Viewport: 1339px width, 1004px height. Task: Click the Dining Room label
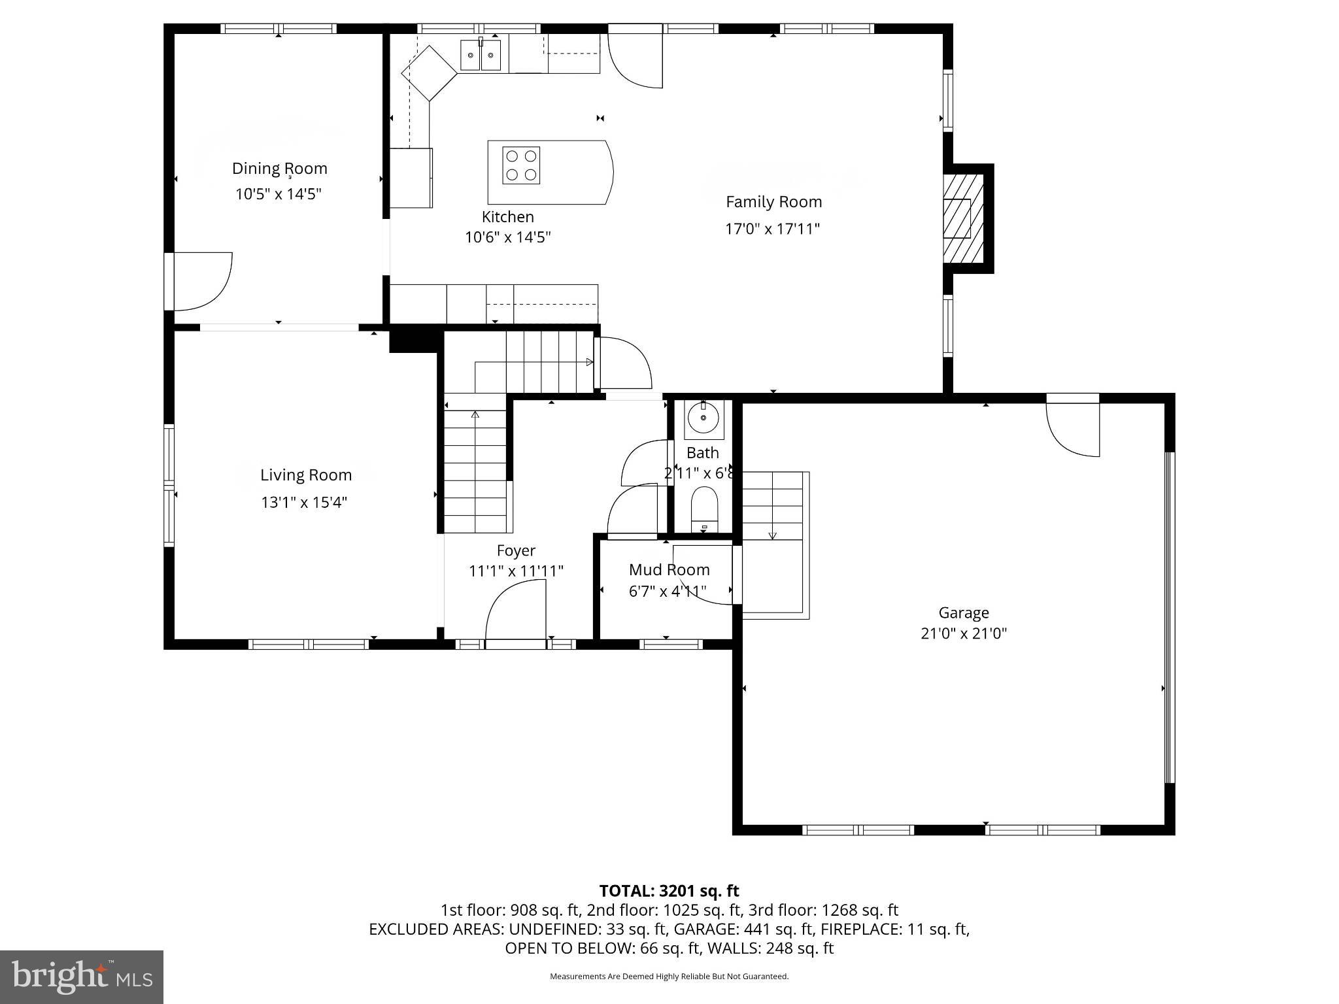tap(279, 169)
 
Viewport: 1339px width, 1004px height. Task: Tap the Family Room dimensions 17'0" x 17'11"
tap(772, 229)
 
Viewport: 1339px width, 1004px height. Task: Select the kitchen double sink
tap(481, 55)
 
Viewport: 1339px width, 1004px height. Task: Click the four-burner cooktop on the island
tap(521, 165)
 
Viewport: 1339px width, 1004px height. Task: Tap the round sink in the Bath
tap(703, 418)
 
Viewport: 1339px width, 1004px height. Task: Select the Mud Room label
tap(669, 570)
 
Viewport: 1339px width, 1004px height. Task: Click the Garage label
tap(964, 613)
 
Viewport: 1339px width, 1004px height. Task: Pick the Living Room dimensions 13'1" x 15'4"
tap(304, 503)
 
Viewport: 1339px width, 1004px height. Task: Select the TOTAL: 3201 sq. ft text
tap(669, 891)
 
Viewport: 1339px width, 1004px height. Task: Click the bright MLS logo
tap(82, 977)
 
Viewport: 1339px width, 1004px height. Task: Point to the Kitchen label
tap(507, 217)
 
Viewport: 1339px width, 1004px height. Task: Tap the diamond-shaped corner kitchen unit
tap(429, 73)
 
